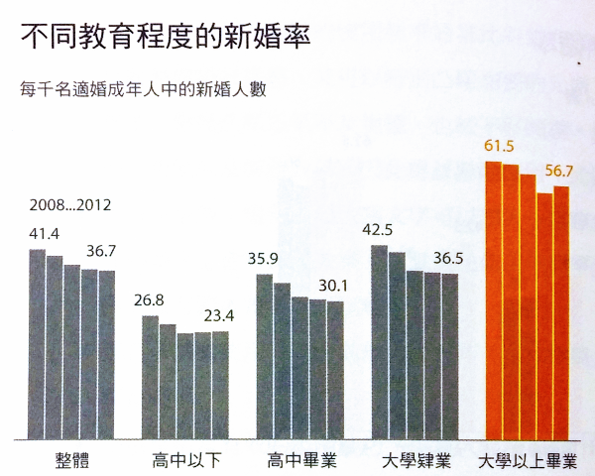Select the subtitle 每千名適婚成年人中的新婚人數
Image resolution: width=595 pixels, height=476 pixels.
click(146, 88)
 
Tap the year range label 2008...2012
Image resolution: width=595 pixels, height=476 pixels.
click(70, 206)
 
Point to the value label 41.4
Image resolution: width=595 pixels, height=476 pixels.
click(46, 234)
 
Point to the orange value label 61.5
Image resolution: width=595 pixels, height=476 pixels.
click(499, 147)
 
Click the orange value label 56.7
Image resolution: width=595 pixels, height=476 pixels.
click(559, 171)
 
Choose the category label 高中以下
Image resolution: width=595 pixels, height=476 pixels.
click(185, 461)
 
